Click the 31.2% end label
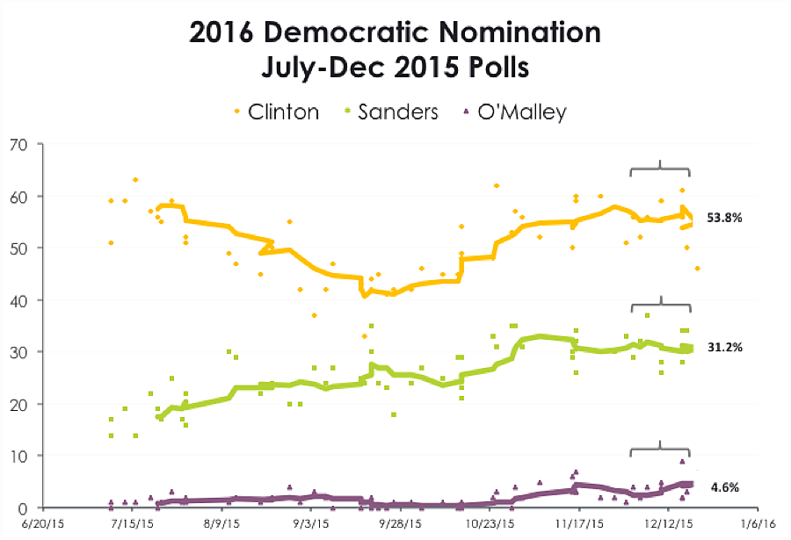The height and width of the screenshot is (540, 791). pos(724,348)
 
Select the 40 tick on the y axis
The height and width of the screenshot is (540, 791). pos(18,299)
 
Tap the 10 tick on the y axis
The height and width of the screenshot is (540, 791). pos(18,456)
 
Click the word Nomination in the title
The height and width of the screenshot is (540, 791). pos(498,33)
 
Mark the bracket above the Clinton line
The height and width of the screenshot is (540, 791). pos(660,169)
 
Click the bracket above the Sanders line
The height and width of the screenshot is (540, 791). pos(660,305)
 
